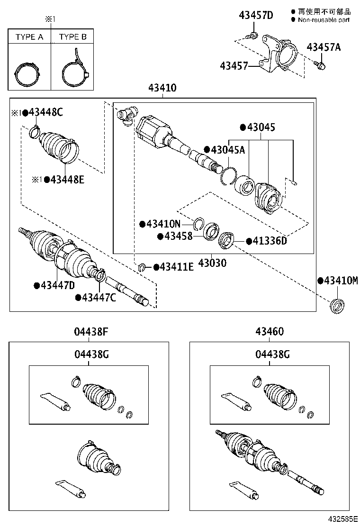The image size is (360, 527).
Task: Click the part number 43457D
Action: click(256, 15)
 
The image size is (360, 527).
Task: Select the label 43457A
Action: click(324, 47)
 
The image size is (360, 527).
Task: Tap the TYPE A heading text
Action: click(29, 37)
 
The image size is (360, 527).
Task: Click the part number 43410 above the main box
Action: click(162, 88)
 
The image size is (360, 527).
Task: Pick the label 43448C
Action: click(46, 112)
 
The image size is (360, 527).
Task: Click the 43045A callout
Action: click(227, 150)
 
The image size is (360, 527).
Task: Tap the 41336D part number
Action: click(270, 241)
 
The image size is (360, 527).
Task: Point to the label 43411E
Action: click(176, 267)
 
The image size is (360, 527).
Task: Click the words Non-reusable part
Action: click(324, 20)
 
